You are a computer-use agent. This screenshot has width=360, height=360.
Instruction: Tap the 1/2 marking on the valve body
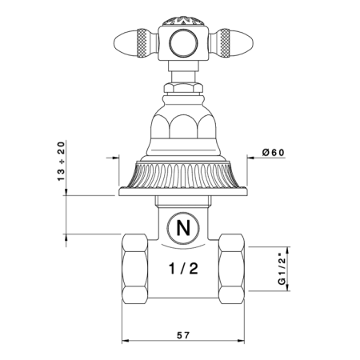(x=183, y=268)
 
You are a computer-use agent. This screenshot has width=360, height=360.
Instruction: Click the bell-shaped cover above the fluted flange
(x=183, y=128)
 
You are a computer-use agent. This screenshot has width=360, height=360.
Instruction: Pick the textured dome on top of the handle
(x=183, y=19)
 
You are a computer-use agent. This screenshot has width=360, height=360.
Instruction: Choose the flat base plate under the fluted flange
(x=183, y=190)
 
